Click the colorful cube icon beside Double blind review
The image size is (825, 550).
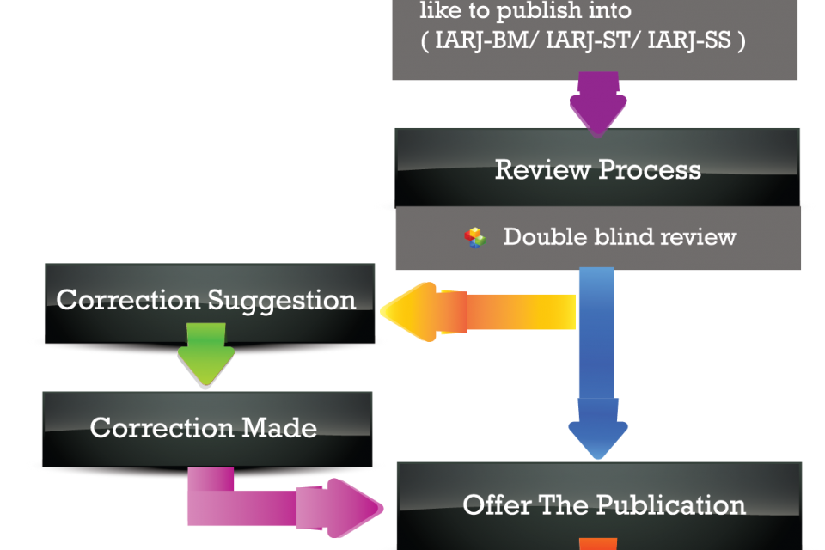click(474, 237)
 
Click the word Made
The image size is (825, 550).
click(279, 427)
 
